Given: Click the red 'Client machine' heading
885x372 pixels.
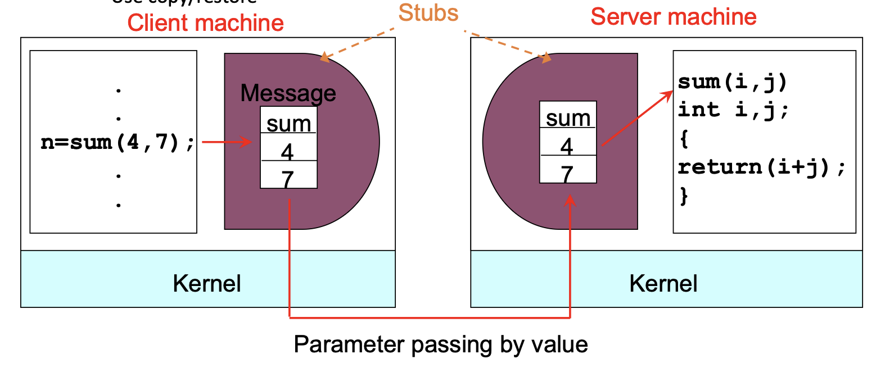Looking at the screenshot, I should [205, 23].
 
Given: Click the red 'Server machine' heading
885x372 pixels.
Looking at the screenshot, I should [673, 17].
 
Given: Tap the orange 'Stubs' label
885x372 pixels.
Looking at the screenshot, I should [428, 13].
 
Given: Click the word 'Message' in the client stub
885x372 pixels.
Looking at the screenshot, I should [288, 93].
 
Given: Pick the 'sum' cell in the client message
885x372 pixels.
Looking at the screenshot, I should [288, 123].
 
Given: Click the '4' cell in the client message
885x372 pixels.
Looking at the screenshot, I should [288, 151].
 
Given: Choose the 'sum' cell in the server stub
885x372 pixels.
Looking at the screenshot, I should [568, 117].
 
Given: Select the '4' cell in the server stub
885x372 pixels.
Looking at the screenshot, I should [567, 146].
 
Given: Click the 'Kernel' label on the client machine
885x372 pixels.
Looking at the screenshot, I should [207, 283].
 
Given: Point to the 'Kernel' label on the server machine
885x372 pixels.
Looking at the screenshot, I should [663, 283].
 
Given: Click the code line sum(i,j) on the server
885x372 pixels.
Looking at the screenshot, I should [732, 82].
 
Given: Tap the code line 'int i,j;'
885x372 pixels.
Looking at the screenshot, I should [733, 110].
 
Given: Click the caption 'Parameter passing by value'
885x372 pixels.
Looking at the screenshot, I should [441, 344].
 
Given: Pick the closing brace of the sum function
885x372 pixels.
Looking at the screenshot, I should [684, 196].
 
